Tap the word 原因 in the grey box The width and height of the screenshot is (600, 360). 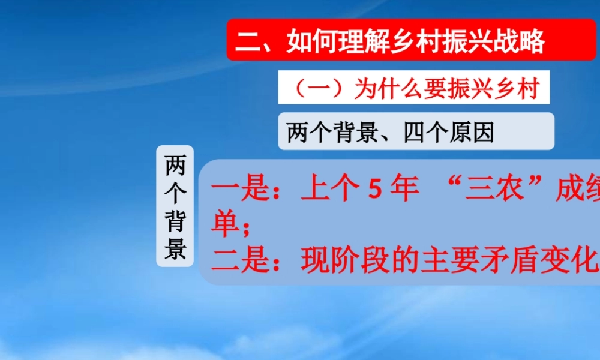(x=472, y=132)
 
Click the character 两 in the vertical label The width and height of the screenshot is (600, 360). (x=175, y=164)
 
